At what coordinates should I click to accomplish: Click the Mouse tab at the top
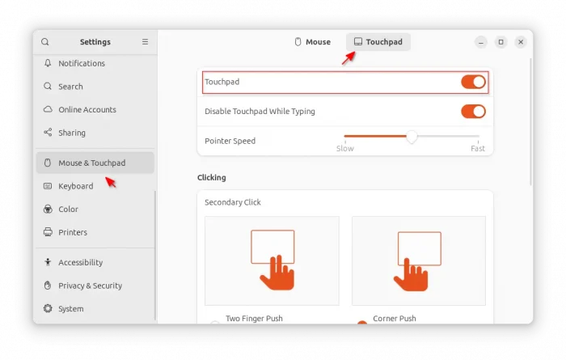(313, 42)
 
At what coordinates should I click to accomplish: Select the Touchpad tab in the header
(378, 42)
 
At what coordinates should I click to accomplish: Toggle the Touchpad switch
(473, 82)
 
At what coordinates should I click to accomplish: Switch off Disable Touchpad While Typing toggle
(473, 112)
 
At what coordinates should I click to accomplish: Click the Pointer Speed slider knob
(412, 137)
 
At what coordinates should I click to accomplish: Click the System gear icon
(48, 309)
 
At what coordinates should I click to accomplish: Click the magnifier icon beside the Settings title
(45, 42)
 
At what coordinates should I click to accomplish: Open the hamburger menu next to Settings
(145, 42)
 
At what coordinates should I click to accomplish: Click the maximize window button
(501, 42)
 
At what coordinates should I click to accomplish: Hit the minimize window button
(481, 42)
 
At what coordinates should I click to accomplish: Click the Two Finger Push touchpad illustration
(272, 260)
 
